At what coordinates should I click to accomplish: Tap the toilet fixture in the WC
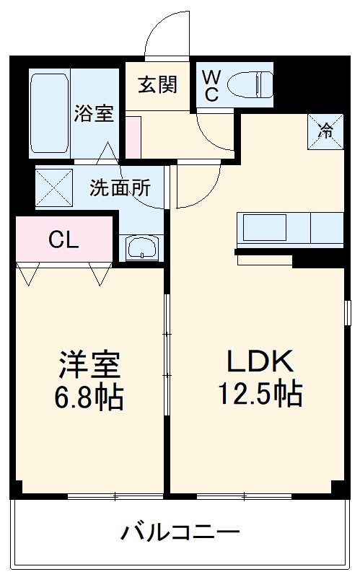point(249,86)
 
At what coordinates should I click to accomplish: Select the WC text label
point(211,85)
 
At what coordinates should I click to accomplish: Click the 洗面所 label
point(120,188)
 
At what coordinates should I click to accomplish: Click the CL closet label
point(63,240)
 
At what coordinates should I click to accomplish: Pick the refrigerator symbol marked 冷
point(326,131)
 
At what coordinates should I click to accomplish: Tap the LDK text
point(260,361)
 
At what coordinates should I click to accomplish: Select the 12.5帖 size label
point(260,394)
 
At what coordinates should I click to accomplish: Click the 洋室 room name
point(89,365)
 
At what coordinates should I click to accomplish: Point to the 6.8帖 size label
point(89,397)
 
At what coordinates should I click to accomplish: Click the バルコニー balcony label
point(180,534)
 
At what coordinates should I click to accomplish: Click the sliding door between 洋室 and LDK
point(167,353)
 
